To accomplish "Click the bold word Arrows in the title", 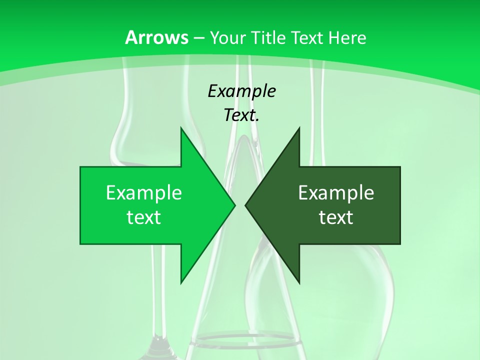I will (x=157, y=37).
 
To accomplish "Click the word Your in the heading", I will (x=226, y=37).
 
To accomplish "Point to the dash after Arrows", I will (x=199, y=38).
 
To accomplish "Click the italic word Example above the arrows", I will (x=241, y=91).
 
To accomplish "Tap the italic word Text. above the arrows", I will (x=241, y=115).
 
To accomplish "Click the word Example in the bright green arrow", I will (x=143, y=192).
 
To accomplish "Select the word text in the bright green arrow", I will (x=143, y=217).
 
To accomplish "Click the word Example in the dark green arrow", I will (x=336, y=192).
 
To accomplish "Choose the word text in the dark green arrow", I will (x=336, y=217).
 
